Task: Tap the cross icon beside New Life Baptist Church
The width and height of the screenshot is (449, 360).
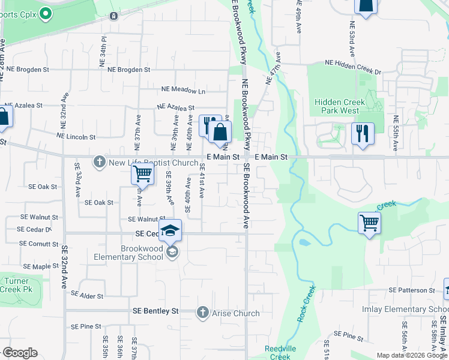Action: [x=99, y=162]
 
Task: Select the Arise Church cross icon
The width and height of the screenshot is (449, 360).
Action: [x=202, y=313]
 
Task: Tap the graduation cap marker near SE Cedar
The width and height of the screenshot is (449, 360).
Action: [x=170, y=230]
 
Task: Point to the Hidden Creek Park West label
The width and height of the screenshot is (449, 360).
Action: [x=337, y=106]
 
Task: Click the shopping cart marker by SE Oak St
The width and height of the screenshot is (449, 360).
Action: [x=143, y=175]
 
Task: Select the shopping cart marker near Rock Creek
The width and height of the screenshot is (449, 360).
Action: [x=369, y=223]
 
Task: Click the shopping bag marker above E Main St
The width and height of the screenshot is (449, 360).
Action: [x=221, y=132]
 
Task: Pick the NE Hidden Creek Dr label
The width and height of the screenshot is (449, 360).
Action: [x=352, y=63]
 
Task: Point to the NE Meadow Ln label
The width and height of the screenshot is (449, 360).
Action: [x=183, y=91]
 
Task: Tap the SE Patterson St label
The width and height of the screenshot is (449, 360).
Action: [x=411, y=290]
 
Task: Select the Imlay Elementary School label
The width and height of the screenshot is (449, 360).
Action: [x=414, y=309]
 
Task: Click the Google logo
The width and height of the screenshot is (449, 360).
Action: [x=20, y=353]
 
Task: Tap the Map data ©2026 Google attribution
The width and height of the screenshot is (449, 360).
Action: [x=411, y=355]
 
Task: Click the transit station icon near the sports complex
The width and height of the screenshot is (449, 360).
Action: [x=113, y=16]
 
